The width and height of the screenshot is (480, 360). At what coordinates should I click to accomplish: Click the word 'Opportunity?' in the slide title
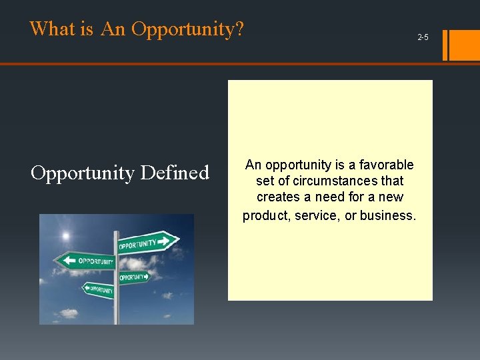click(x=188, y=29)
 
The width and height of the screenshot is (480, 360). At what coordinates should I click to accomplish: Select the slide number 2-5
click(x=423, y=37)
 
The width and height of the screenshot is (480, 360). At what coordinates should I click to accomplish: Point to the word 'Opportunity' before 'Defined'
click(x=82, y=173)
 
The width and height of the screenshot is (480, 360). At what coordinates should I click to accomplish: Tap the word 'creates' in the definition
click(x=279, y=197)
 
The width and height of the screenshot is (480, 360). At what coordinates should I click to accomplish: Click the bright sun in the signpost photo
click(x=65, y=236)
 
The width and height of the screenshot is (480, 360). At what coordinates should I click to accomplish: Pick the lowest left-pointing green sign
click(x=97, y=289)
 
